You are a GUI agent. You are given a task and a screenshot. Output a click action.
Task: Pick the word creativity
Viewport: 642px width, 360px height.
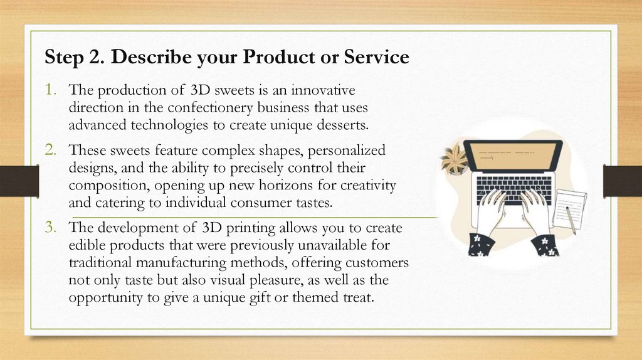(x=367, y=185)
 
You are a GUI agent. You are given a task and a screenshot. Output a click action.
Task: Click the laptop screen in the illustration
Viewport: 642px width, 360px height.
(x=513, y=156)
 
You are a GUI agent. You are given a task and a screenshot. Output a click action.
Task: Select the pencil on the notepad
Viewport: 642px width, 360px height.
(x=571, y=220)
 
